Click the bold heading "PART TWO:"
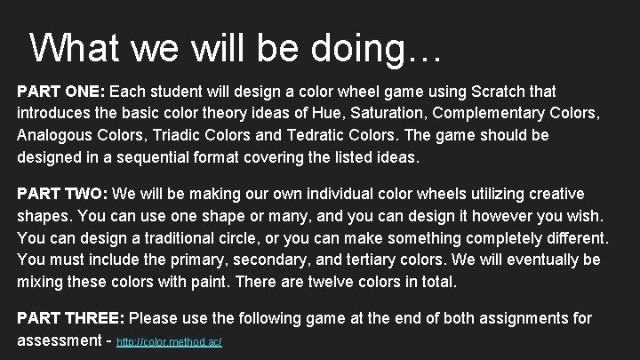(x=60, y=194)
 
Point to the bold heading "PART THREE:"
(x=71, y=317)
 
